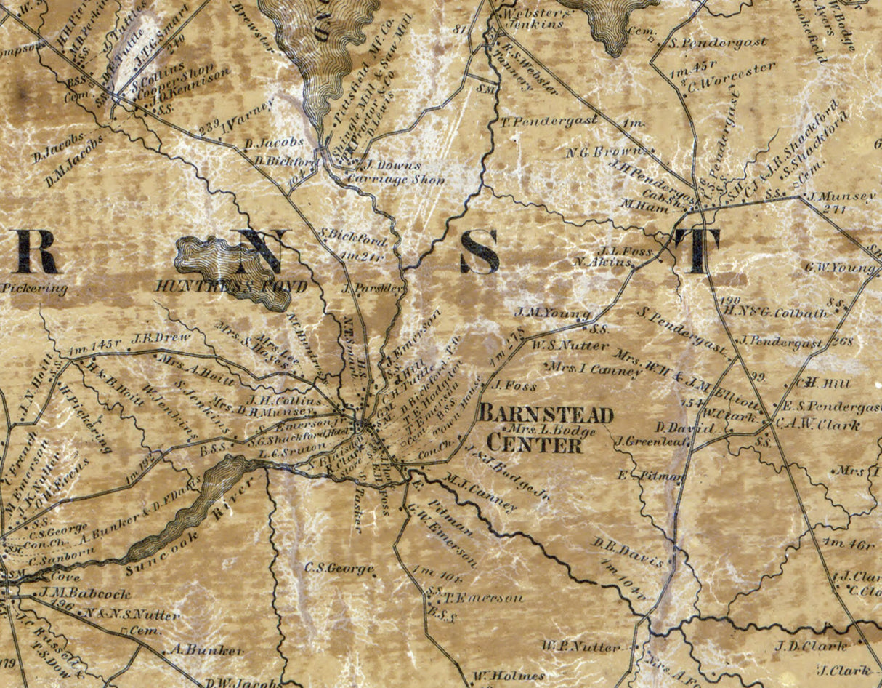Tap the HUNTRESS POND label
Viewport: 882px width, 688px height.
tap(231, 287)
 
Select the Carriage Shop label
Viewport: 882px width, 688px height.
tap(396, 179)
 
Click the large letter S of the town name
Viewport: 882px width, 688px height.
tap(479, 252)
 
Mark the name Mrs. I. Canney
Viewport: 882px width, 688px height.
tap(597, 369)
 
